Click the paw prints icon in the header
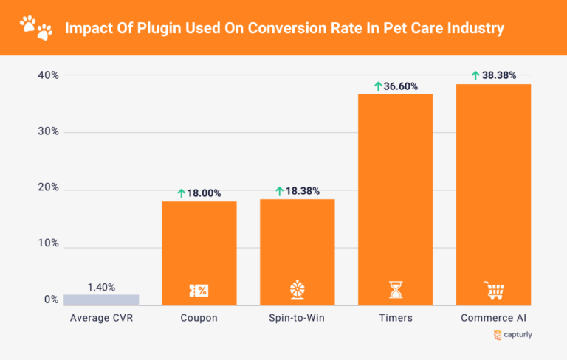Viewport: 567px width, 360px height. (x=36, y=28)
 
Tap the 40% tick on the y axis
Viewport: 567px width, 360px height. (x=48, y=75)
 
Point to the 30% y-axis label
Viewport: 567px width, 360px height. (x=48, y=132)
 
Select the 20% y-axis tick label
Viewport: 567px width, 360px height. (x=48, y=188)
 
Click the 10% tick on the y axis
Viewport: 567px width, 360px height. (x=48, y=244)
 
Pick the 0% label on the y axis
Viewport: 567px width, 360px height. (x=51, y=300)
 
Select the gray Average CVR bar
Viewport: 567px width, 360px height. (x=101, y=300)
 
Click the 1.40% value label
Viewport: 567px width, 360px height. (x=101, y=288)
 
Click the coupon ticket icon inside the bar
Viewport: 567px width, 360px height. (x=199, y=290)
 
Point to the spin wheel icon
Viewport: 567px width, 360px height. (x=297, y=289)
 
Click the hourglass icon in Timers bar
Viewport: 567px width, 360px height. (x=396, y=289)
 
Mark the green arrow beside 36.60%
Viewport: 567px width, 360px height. (x=378, y=86)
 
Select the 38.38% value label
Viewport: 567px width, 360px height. (x=499, y=75)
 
